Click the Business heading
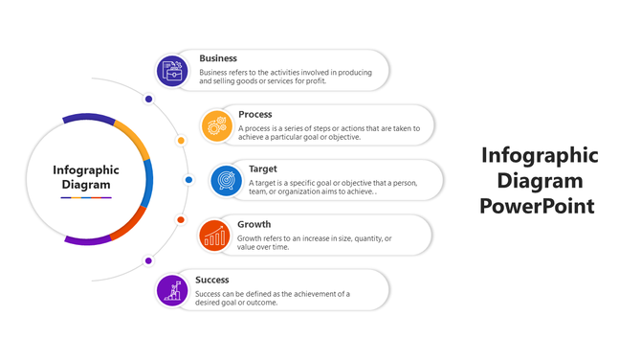coord(218,58)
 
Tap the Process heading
coord(255,114)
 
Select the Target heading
coord(263,169)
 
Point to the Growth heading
coord(253,225)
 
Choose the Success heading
coord(211,280)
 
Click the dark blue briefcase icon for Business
coord(172,70)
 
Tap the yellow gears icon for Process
coord(217,124)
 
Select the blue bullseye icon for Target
coord(226,179)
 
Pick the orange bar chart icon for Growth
coord(215,235)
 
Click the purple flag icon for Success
coord(172,289)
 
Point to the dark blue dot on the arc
coord(148,99)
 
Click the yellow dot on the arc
coord(181,140)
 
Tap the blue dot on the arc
coord(188,180)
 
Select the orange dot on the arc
coord(181,220)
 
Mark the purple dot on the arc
coord(148,260)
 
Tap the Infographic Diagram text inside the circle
coord(86,177)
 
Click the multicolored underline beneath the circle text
coord(86,197)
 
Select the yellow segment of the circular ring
coord(133,140)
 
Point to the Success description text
coord(273,298)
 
